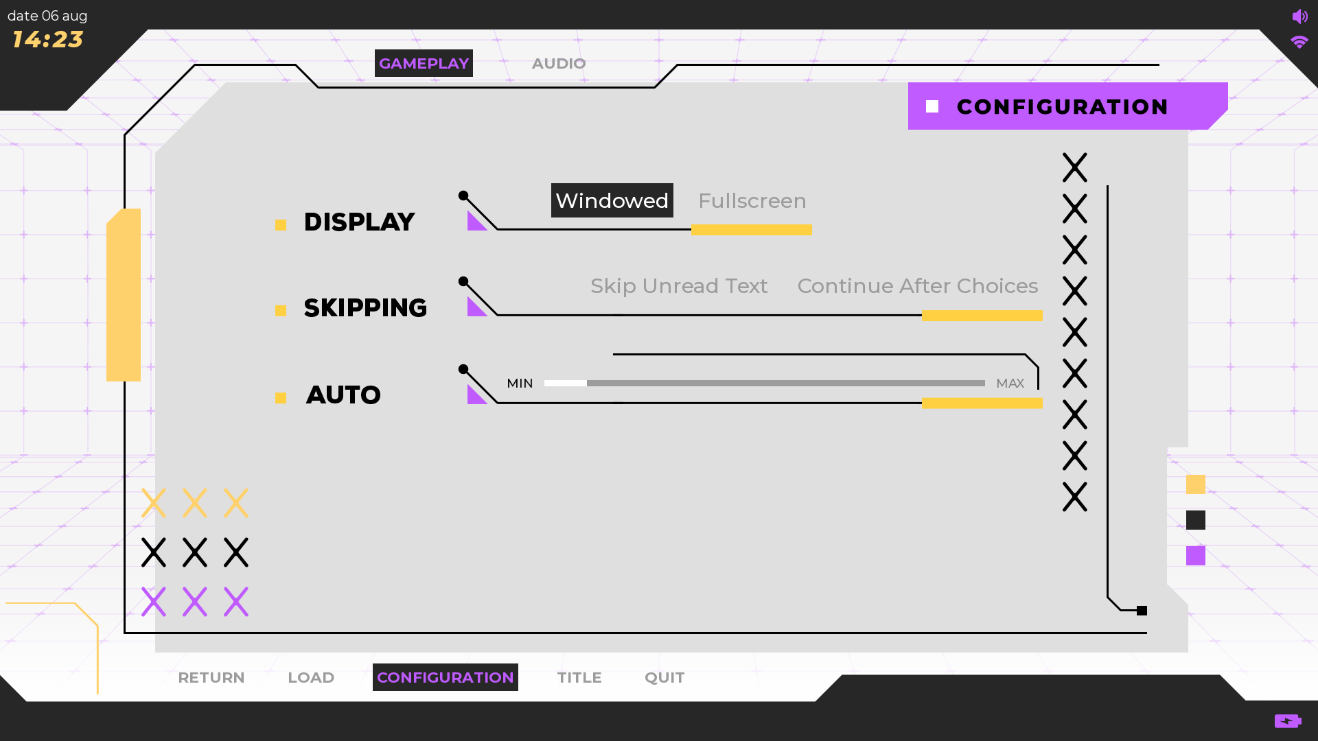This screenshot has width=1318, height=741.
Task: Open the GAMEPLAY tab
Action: pos(424,63)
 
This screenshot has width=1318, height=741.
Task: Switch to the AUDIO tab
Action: pos(559,63)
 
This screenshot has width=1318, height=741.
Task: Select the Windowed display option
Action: pos(612,200)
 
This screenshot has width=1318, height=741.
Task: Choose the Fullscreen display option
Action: pos(752,200)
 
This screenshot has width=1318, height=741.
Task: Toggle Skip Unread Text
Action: pos(679,286)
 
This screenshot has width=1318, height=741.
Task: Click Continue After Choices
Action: pos(917,286)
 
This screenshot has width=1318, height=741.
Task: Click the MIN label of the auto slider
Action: pos(520,383)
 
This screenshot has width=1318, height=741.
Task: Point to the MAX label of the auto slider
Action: pos(1010,383)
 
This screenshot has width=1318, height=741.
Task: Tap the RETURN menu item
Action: pos(211,677)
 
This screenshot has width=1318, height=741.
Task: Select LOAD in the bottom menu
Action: pos(311,677)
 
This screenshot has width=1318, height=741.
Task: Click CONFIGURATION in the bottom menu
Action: pos(446,677)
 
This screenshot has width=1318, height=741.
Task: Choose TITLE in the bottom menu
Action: pos(579,677)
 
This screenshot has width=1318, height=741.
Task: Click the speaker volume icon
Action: pos(1299,16)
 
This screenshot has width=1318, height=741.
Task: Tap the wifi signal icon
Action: pos(1299,43)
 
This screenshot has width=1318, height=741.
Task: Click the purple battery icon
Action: pos(1288,720)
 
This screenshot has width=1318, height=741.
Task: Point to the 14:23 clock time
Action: pos(47,40)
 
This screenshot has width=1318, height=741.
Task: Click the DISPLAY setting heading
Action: pos(359,222)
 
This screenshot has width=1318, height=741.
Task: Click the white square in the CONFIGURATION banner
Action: pos(932,106)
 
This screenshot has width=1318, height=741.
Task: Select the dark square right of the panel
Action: pos(1196,520)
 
